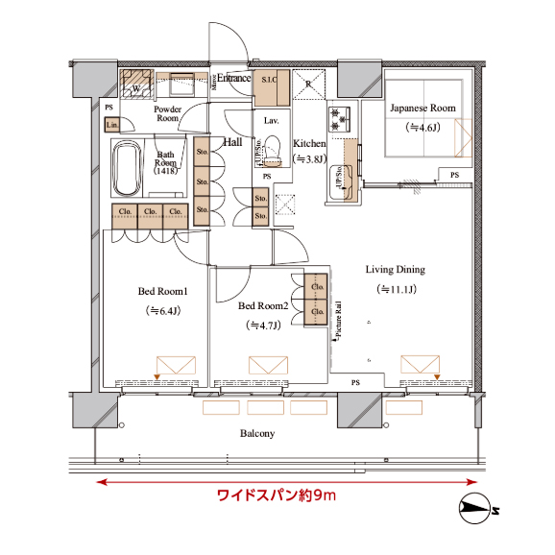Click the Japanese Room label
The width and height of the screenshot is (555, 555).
pos(422,109)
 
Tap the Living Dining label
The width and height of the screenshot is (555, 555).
pos(395,270)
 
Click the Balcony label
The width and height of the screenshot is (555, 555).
pos(256,434)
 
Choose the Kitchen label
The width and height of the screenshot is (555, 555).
pos(310,143)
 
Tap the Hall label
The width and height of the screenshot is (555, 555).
pos(232,143)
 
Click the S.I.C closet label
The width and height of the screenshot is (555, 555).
pos(269,81)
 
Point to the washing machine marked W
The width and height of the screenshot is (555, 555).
pos(135,87)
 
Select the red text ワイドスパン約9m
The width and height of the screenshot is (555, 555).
pos(276,496)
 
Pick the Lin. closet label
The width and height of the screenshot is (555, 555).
pos(112,125)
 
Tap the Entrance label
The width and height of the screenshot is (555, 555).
pos(233,78)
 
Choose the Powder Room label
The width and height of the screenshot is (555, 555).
pos(168,113)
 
